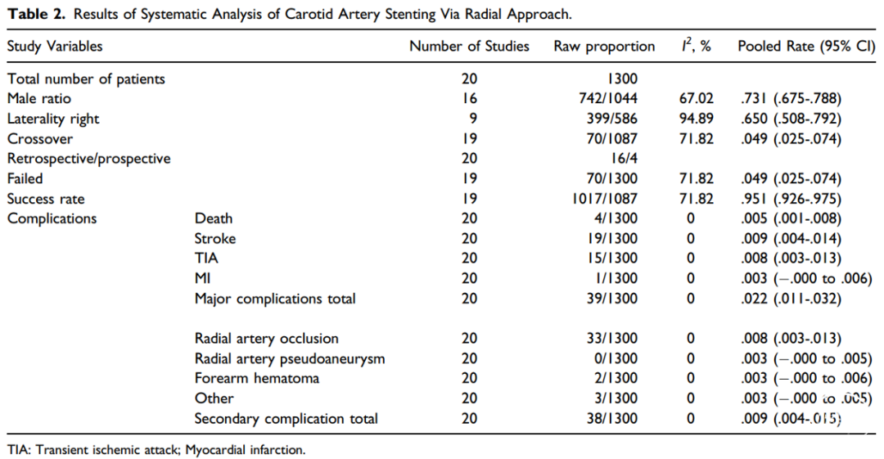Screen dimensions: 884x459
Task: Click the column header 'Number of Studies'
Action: pyautogui.click(x=469, y=47)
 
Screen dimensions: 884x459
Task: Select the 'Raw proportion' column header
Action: pyautogui.click(x=604, y=47)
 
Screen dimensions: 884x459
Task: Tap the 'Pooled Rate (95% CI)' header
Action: pyautogui.click(x=806, y=47)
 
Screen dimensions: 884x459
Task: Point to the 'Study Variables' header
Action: pyautogui.click(x=55, y=47)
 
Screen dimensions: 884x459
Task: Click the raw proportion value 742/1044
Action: pyautogui.click(x=607, y=99)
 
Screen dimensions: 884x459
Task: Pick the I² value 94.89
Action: pyautogui.click(x=697, y=119)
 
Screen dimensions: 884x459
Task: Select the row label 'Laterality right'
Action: pyautogui.click(x=53, y=119)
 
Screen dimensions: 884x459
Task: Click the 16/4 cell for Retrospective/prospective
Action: pyautogui.click(x=624, y=159)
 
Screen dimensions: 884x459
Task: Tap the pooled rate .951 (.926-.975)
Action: pyautogui.click(x=791, y=199)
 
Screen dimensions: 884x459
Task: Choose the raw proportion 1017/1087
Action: pyautogui.click(x=604, y=199)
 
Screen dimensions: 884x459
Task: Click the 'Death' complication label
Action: pyautogui.click(x=214, y=218)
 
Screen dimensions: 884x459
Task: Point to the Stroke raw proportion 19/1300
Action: pyautogui.click(x=611, y=239)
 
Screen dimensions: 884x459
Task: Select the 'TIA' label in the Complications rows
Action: pyautogui.click(x=206, y=259)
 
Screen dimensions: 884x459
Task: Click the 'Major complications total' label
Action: pyautogui.click(x=275, y=299)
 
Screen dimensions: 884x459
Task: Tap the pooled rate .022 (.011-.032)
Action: pyautogui.click(x=791, y=299)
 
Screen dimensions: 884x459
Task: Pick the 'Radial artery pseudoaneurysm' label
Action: pyautogui.click(x=290, y=358)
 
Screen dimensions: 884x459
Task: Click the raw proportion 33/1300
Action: pyautogui.click(x=611, y=339)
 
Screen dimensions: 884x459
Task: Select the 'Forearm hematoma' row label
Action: pyautogui.click(x=257, y=378)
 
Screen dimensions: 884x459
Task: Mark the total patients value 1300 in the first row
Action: pyautogui.click(x=622, y=79)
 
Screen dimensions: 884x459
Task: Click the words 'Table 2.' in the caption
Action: pyautogui.click(x=36, y=14)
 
